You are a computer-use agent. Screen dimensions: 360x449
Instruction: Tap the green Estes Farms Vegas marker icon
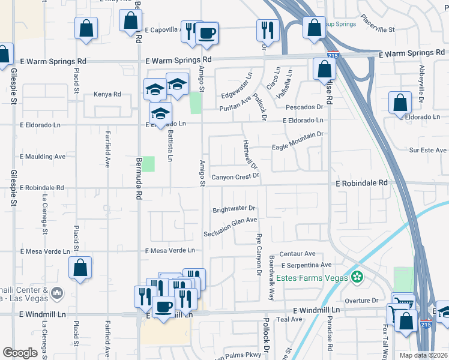358,277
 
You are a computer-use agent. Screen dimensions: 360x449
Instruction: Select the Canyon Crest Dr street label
235,176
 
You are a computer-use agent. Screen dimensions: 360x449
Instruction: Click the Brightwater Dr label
234,209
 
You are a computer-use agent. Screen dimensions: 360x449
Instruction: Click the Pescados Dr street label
304,107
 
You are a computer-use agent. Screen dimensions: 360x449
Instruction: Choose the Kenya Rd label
107,94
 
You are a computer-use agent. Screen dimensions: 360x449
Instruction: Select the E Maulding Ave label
43,156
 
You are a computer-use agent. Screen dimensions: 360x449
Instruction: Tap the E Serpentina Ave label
306,265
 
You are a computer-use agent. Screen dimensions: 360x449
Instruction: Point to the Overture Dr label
361,300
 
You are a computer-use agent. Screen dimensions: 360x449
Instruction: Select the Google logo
20,352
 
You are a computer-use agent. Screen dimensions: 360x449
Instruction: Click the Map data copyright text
423,355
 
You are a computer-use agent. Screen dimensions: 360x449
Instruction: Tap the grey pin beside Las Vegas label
57,293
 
